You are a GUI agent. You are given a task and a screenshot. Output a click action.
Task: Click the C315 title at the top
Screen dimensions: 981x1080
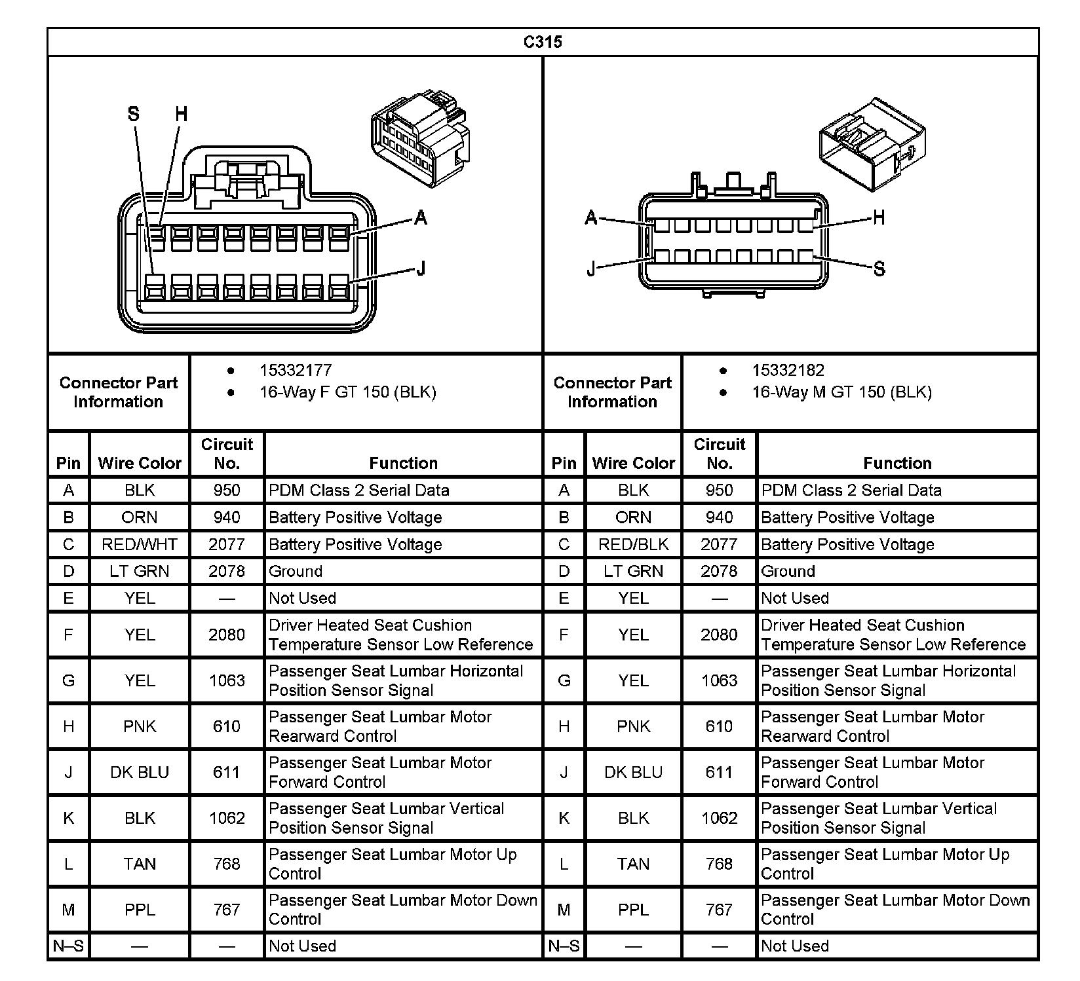[x=543, y=42]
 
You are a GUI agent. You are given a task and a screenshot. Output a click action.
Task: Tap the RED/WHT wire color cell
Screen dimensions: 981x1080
[x=140, y=544]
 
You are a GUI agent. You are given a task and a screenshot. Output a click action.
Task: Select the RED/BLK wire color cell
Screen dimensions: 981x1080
[x=633, y=544]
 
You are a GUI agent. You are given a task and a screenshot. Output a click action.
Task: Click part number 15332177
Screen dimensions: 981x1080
[x=296, y=371]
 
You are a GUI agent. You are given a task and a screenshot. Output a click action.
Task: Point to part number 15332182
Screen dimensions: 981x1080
[x=788, y=371]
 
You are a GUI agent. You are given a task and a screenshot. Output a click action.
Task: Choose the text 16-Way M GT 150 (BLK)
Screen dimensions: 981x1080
[x=841, y=392]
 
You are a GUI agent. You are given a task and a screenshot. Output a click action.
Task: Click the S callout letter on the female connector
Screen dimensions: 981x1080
[x=134, y=115]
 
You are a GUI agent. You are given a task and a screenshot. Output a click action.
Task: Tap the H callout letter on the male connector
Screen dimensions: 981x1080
[x=879, y=217]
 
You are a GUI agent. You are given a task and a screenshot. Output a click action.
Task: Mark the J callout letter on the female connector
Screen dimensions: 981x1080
[x=421, y=268]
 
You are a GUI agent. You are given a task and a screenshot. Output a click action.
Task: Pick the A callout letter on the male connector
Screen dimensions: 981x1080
[x=591, y=217]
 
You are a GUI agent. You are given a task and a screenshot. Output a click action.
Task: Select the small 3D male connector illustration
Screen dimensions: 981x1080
[x=872, y=144]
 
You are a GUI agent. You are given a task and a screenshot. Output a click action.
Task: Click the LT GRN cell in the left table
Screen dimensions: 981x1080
[x=140, y=571]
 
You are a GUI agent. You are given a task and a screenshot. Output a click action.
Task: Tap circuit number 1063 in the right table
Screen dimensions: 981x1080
[x=719, y=680]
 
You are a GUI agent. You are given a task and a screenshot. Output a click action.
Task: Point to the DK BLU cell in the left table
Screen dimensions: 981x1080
[x=140, y=772]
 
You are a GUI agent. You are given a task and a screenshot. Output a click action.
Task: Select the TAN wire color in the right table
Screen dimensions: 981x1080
[x=633, y=864]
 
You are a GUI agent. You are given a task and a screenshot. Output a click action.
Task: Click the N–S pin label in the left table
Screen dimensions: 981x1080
[x=69, y=946]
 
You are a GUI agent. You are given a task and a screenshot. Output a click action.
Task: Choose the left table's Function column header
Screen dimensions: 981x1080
[x=403, y=463]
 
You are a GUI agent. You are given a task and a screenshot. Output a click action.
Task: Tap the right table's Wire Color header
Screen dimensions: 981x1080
[x=633, y=463]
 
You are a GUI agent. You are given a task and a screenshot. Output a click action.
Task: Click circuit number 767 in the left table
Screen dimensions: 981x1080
[x=227, y=910]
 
